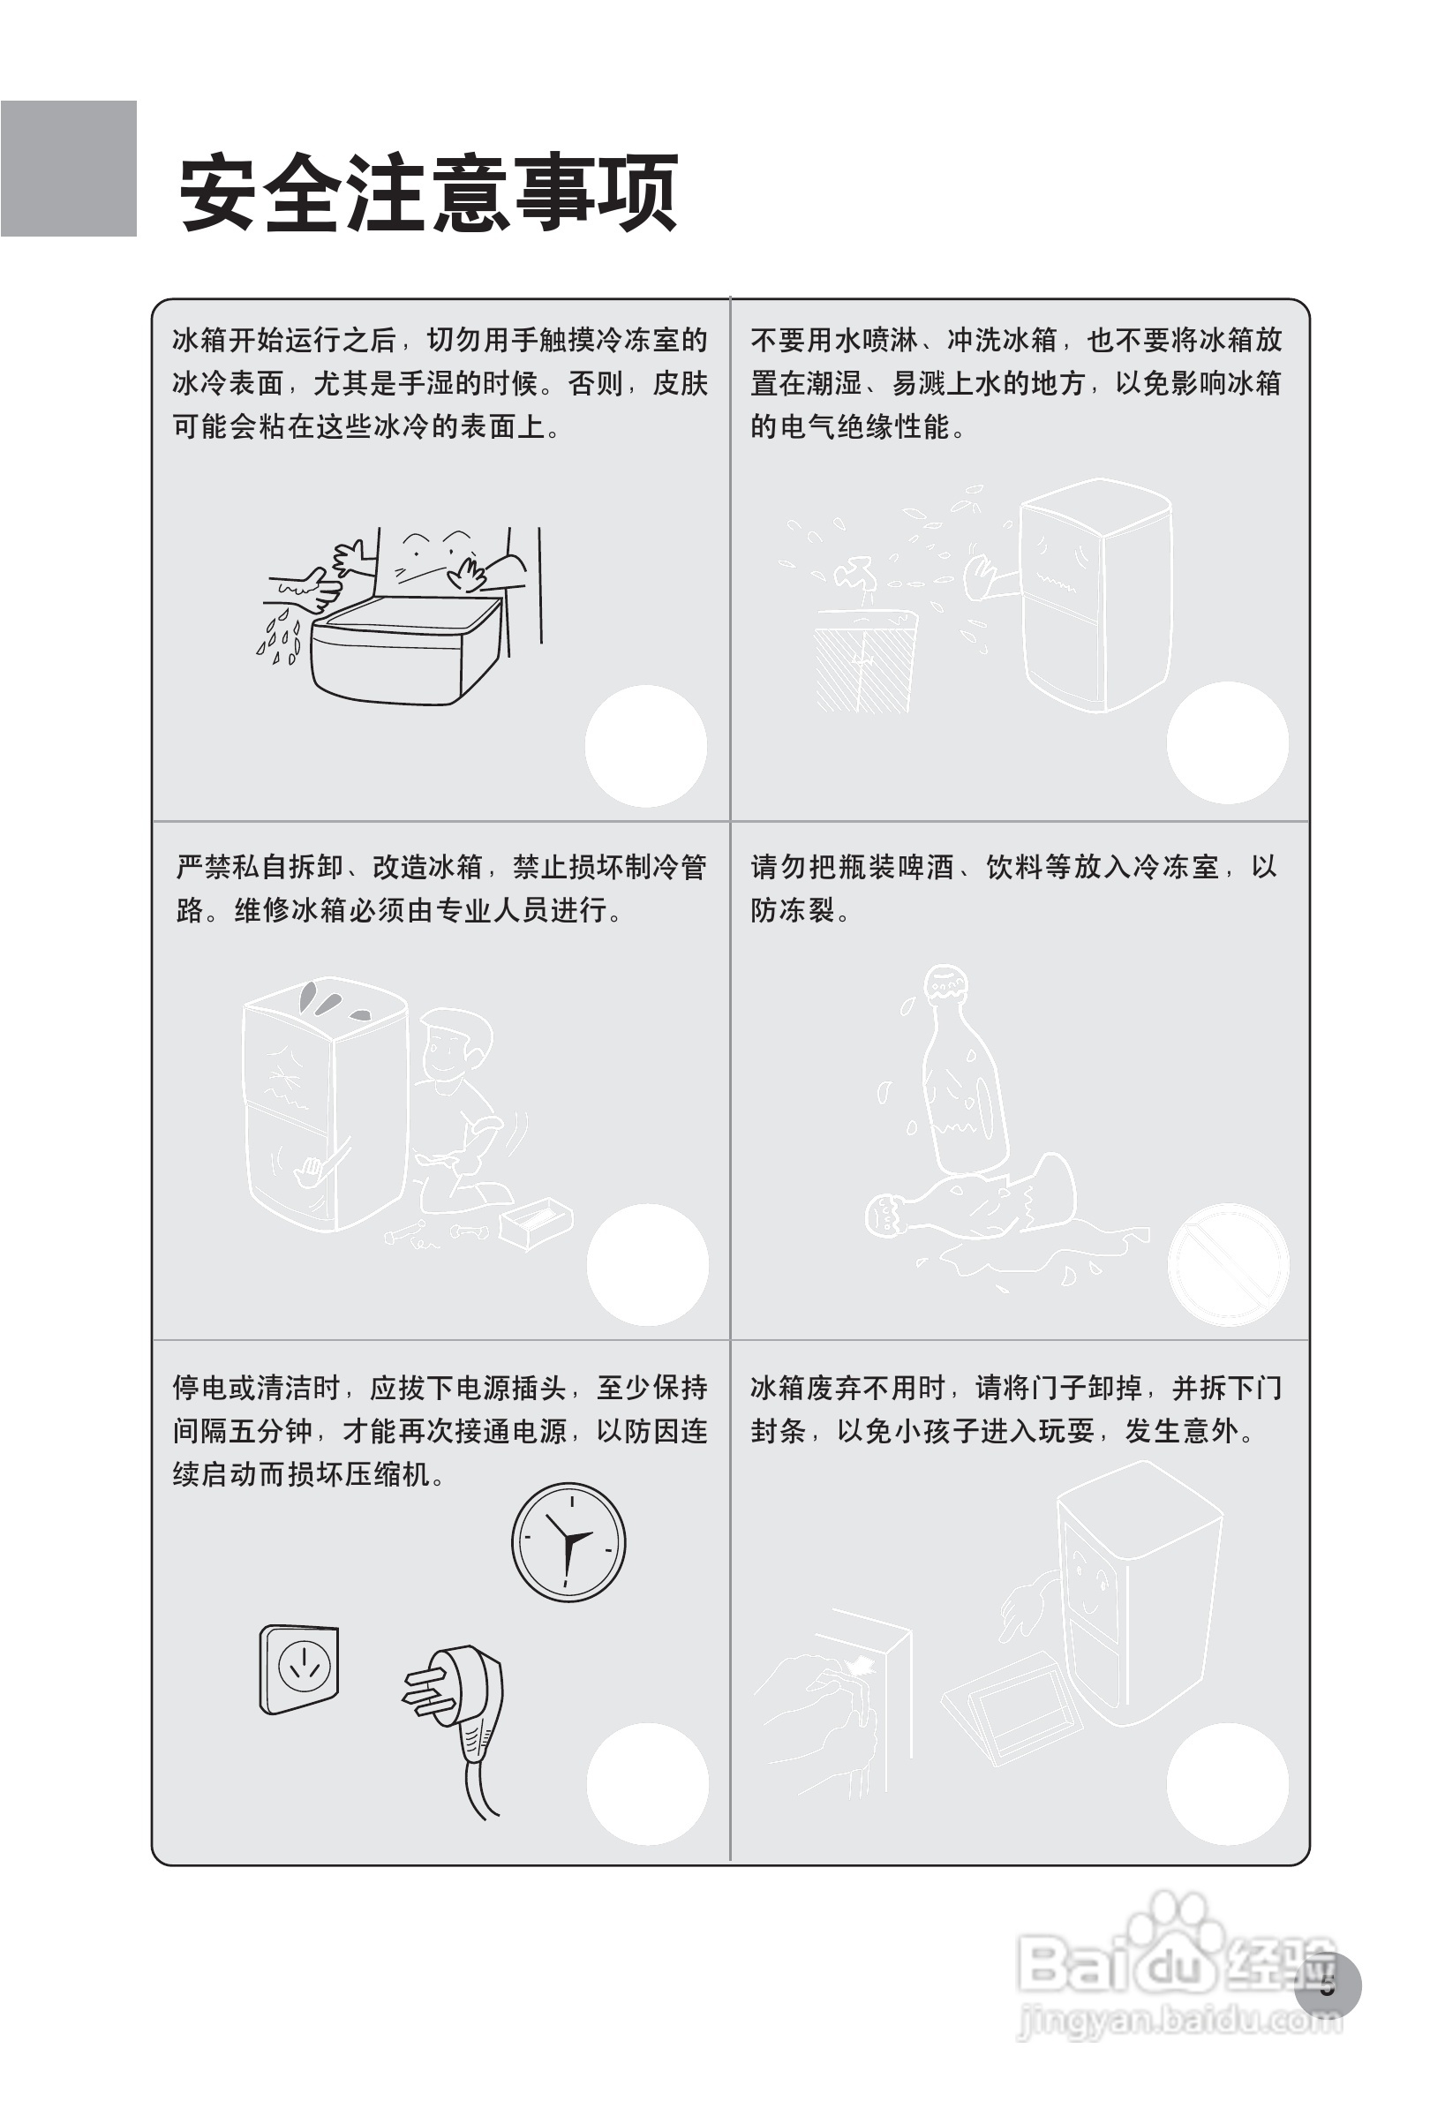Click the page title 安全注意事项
[x=428, y=193]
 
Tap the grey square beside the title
[x=69, y=169]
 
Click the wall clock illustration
[x=568, y=1541]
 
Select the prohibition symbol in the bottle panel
[x=1228, y=1263]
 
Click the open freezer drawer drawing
[x=405, y=647]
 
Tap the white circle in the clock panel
[x=647, y=1784]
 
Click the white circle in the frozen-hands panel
[x=645, y=746]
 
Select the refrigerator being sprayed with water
[x=1095, y=594]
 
